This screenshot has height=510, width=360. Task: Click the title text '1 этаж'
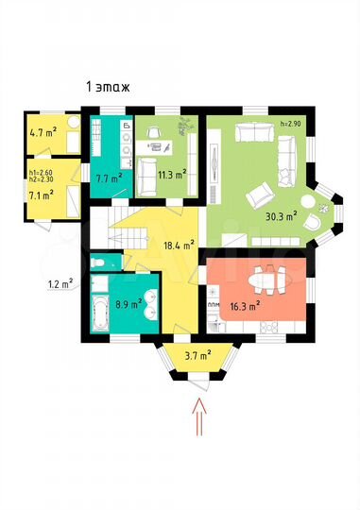[108, 87]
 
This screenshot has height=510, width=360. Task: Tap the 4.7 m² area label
[42, 134]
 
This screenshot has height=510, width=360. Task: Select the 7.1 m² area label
[41, 194]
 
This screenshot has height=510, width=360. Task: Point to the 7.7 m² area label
[109, 177]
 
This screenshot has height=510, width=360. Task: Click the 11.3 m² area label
[171, 174]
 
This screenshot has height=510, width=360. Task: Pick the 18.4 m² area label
[151, 245]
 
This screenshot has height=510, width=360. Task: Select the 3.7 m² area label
[197, 357]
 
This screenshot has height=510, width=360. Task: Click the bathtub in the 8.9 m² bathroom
[99, 309]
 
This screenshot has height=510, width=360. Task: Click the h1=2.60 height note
[42, 173]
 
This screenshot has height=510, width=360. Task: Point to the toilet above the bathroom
[99, 262]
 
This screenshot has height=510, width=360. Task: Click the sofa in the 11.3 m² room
[147, 172]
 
